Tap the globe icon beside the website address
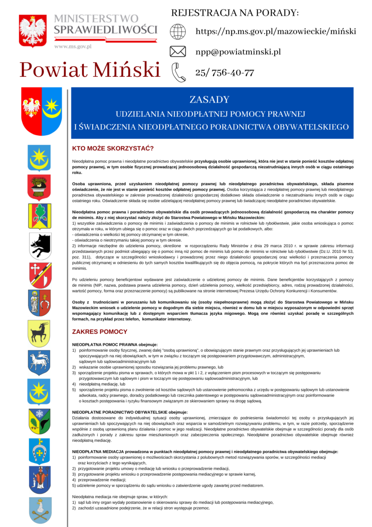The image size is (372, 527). pyautogui.click(x=178, y=32)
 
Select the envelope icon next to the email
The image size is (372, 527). pyautogui.click(x=178, y=52)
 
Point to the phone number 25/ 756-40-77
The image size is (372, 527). pyautogui.click(x=225, y=73)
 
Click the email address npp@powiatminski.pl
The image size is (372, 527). pyautogui.click(x=238, y=52)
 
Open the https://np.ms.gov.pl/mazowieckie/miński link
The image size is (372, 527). pyautogui.click(x=275, y=32)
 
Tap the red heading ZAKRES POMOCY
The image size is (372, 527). pyautogui.click(x=100, y=332)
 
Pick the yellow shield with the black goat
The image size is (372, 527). pyautogui.click(x=39, y=333)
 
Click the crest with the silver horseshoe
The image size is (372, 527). pyautogui.click(x=39, y=450)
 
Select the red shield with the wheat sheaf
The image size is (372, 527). pyautogui.click(x=39, y=187)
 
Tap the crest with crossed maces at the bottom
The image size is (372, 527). pyautogui.click(x=39, y=509)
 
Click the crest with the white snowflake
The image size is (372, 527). pyautogui.click(x=39, y=421)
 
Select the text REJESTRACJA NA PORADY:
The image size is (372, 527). pyautogui.click(x=235, y=13)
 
